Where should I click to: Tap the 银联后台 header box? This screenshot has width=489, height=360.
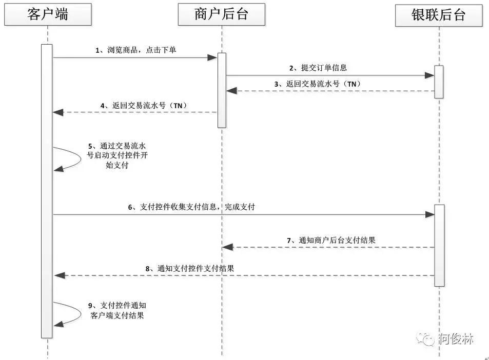[439, 15]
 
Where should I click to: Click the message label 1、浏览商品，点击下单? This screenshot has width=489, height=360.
[136, 50]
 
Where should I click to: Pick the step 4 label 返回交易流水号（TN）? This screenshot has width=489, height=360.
[144, 106]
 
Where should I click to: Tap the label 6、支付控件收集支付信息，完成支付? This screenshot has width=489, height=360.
[191, 207]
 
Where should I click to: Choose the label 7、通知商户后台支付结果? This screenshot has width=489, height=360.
[331, 239]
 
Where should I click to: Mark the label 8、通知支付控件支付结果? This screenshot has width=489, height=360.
[189, 268]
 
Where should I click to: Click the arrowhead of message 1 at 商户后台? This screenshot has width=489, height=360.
[212, 58]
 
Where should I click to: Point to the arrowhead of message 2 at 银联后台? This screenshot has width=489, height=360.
[429, 75]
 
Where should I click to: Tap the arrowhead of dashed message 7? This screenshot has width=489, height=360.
[227, 247]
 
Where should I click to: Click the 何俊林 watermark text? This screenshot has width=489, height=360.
[456, 338]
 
